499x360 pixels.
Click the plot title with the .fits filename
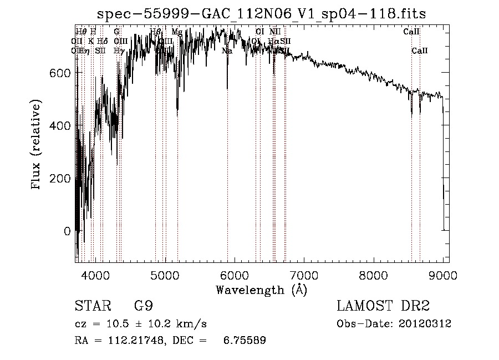coord(261,14)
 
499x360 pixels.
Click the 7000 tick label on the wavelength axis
coord(304,275)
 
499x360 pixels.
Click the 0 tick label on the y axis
coord(67,231)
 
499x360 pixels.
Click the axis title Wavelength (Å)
coord(261,290)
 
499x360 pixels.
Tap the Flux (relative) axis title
coord(37,146)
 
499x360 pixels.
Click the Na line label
coord(227,51)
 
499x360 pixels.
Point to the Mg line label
coord(176,32)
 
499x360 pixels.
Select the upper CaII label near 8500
coord(411,32)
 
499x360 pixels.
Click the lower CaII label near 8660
coord(420,51)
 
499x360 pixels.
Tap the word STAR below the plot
coord(91,306)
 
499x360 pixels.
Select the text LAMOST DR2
coord(383,306)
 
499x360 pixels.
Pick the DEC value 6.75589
coord(245,341)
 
